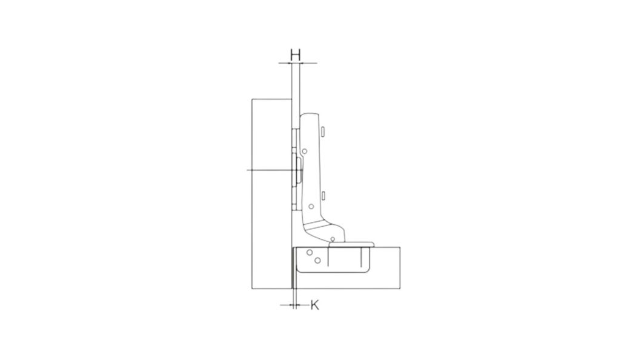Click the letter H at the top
(x=295, y=55)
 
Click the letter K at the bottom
(x=314, y=305)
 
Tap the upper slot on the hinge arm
(x=323, y=132)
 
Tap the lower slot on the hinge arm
(x=323, y=195)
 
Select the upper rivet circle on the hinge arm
(x=304, y=151)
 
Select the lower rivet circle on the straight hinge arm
(x=311, y=207)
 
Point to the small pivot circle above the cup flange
(x=333, y=239)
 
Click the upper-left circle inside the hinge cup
(x=309, y=252)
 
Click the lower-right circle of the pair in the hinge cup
(x=317, y=261)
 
